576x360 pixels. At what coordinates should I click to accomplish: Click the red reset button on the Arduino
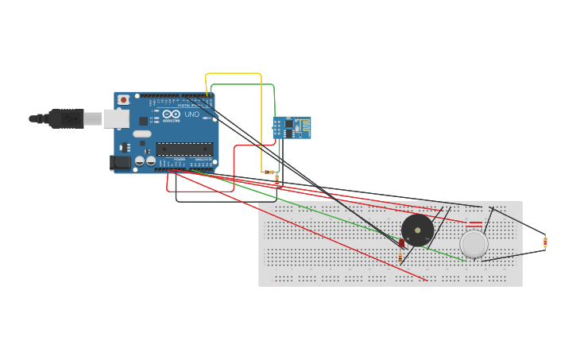(123, 99)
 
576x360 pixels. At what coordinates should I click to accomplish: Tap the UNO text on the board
(191, 114)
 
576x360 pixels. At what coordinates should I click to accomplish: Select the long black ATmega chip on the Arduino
(184, 149)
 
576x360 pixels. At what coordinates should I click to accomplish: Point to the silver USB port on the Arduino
(116, 118)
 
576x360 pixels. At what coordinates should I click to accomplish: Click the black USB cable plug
(67, 118)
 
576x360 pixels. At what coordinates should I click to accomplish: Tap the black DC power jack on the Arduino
(120, 162)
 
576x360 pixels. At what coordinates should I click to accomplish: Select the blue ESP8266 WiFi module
(292, 127)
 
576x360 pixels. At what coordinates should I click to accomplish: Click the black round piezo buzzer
(417, 230)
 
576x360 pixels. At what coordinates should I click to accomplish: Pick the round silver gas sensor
(474, 244)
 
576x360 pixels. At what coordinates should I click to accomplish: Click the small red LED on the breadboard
(402, 242)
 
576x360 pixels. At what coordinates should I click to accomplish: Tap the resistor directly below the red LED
(400, 256)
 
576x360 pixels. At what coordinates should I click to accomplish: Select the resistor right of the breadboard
(545, 242)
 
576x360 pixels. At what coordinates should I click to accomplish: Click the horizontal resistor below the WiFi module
(269, 172)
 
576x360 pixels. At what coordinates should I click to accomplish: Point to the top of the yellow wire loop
(234, 74)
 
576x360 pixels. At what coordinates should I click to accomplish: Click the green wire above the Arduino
(242, 84)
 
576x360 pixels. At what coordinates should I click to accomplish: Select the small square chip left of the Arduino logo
(144, 121)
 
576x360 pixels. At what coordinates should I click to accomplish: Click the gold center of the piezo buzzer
(417, 230)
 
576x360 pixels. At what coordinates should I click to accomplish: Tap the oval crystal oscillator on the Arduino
(142, 134)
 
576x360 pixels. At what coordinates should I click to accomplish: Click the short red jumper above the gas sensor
(474, 223)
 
